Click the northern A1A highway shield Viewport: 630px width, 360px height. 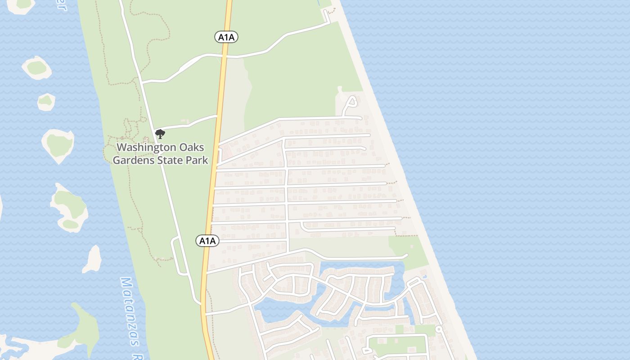point(226,37)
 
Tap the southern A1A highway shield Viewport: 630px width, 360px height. point(207,241)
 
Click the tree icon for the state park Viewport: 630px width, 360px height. point(160,134)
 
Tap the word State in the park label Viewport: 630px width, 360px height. point(170,160)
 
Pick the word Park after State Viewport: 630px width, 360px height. point(197,160)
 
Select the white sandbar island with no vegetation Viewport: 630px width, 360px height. point(93,260)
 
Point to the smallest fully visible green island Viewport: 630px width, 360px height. point(46,102)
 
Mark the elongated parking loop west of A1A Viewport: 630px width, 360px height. point(180,255)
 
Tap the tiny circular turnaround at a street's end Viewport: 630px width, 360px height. point(438,330)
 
